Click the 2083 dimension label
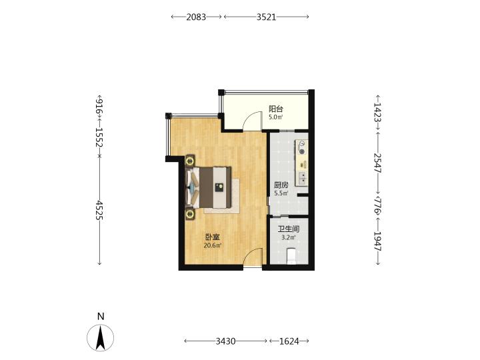pos(196,17)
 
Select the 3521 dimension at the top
pos(266,17)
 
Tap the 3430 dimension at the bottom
pos(225,341)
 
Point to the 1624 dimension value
pos(289,341)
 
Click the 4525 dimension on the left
pos(99,210)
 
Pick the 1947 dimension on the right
pos(377,241)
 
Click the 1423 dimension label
pos(377,112)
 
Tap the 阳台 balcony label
pos(276,109)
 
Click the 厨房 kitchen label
pos(281,185)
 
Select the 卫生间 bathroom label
pos(289,229)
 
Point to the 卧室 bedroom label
pos(213,237)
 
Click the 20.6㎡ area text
pos(213,245)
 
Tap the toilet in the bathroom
pos(291,257)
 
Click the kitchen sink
pos(302,178)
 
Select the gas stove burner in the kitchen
pos(303,151)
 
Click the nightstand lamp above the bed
pos(190,161)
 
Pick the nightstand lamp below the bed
pos(190,214)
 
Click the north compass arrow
pos(101,338)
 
